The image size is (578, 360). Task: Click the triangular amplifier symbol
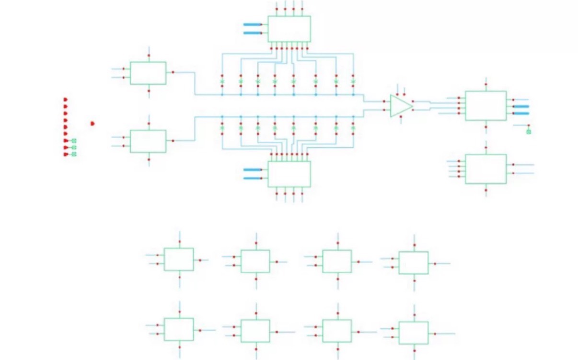pyautogui.click(x=400, y=106)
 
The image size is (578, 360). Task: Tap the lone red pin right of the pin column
pyautogui.click(x=92, y=123)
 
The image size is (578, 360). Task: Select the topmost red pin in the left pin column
pyautogui.click(x=66, y=100)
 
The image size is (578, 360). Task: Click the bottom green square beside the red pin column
pyautogui.click(x=74, y=154)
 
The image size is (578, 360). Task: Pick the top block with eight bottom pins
pyautogui.click(x=289, y=29)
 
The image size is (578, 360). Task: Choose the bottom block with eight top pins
pyautogui.click(x=289, y=174)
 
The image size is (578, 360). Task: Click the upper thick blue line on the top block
pyautogui.click(x=253, y=24)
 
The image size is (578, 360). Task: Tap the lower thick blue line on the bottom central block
pyautogui.click(x=253, y=178)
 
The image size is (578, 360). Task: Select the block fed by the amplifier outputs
pyautogui.click(x=486, y=105)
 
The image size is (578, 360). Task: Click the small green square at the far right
pyautogui.click(x=529, y=131)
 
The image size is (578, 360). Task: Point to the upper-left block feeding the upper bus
pyautogui.click(x=148, y=73)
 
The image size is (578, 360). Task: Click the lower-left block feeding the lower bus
pyautogui.click(x=148, y=141)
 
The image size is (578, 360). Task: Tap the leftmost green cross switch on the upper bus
pyautogui.click(x=222, y=82)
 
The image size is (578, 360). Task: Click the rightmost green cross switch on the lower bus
pyautogui.click(x=353, y=128)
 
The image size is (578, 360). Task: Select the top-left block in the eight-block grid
pyautogui.click(x=179, y=259)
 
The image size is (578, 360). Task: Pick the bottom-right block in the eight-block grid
pyautogui.click(x=413, y=333)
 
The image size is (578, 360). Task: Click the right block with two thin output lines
pyautogui.click(x=486, y=169)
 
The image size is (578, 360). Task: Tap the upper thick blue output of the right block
pyautogui.click(x=521, y=106)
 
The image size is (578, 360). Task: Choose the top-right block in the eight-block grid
pyautogui.click(x=413, y=263)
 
